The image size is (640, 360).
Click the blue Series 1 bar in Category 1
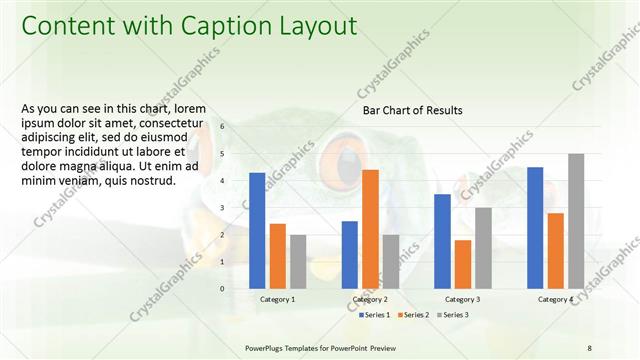point(257,231)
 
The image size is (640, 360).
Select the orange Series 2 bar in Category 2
point(370,229)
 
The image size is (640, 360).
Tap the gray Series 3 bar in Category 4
point(576,221)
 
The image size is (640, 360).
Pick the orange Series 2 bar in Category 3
point(463,264)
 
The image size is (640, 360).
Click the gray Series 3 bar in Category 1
point(298,262)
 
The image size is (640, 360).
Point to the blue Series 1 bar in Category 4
point(535,228)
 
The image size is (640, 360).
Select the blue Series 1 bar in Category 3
point(442,241)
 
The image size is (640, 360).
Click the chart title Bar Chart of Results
point(412,110)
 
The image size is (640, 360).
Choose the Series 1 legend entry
point(375,315)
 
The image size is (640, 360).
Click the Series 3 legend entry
point(453,315)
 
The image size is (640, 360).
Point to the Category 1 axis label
point(278,299)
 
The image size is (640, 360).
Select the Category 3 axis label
point(462,299)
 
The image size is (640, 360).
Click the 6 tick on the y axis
point(223,126)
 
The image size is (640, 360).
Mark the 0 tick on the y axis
point(223,289)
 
